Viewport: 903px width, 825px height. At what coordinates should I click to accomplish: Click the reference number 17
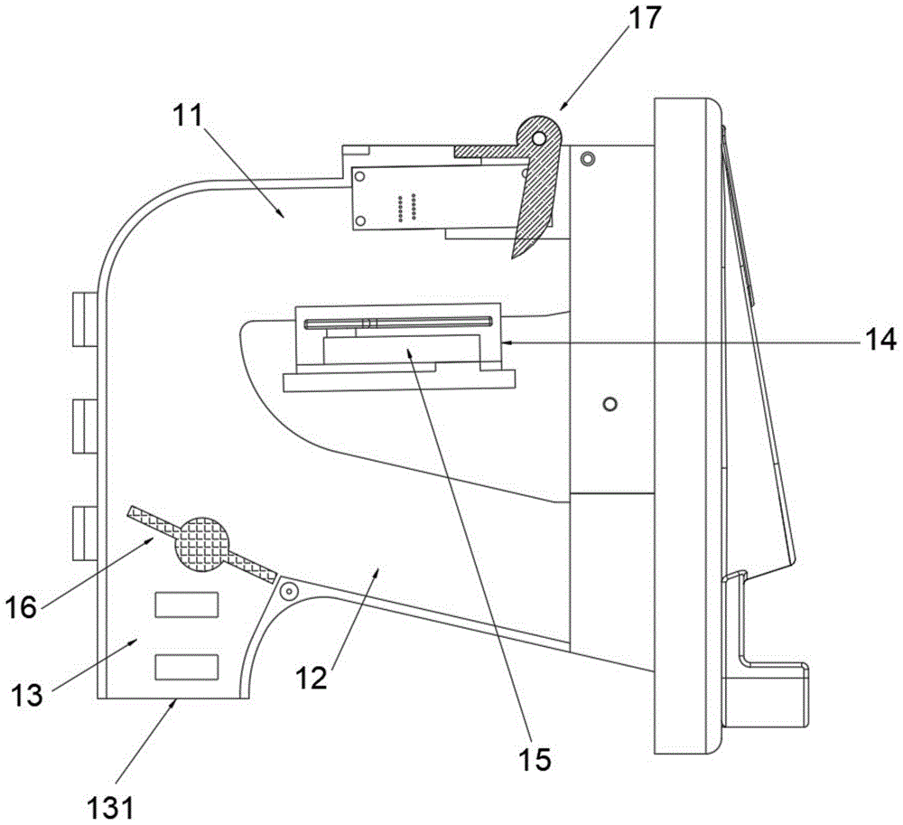pyautogui.click(x=645, y=18)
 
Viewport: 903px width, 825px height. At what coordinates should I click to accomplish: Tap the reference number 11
pyautogui.click(x=189, y=116)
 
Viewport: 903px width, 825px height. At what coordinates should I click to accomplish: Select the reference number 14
pyautogui.click(x=880, y=340)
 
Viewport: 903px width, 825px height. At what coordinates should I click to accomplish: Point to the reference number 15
pyautogui.click(x=535, y=759)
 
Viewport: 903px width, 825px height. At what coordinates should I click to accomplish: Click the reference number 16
pyautogui.click(x=22, y=606)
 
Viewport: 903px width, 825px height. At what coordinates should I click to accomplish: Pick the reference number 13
pyautogui.click(x=27, y=696)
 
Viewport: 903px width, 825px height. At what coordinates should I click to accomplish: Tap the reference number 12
pyautogui.click(x=312, y=678)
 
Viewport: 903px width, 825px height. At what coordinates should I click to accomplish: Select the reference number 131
pyautogui.click(x=110, y=807)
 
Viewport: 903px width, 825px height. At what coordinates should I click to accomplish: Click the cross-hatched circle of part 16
pyautogui.click(x=201, y=544)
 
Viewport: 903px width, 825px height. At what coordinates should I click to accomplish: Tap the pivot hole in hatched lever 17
pyautogui.click(x=538, y=138)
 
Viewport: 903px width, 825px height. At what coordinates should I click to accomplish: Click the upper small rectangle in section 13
pyautogui.click(x=187, y=605)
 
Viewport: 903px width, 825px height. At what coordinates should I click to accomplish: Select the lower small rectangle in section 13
pyautogui.click(x=187, y=667)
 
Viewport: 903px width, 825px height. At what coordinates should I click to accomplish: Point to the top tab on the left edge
pyautogui.click(x=85, y=319)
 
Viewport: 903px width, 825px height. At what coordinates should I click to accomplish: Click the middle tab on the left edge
pyautogui.click(x=85, y=427)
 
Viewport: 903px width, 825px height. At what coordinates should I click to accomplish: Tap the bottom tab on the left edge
pyautogui.click(x=85, y=533)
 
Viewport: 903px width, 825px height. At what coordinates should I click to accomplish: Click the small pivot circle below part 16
pyautogui.click(x=288, y=591)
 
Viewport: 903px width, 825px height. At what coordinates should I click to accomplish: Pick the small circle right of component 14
pyautogui.click(x=610, y=403)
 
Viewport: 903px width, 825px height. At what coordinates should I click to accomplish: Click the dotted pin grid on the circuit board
pyautogui.click(x=406, y=208)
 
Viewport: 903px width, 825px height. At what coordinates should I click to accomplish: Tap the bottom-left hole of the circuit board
pyautogui.click(x=360, y=220)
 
